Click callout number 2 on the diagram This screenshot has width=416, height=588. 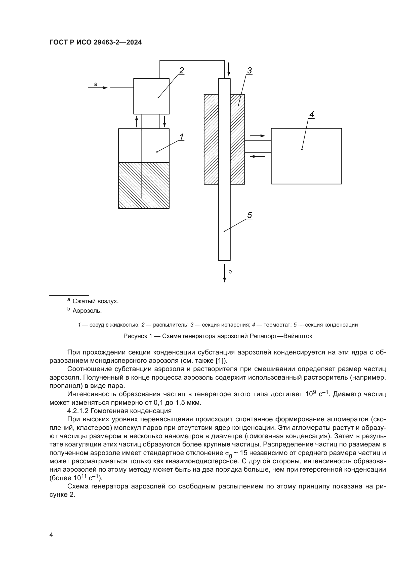click(x=181, y=70)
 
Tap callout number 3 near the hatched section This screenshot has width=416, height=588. click(x=249, y=70)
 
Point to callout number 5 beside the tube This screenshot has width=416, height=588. click(x=249, y=215)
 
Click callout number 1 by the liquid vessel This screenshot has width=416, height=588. click(x=181, y=137)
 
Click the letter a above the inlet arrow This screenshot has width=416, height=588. click(x=96, y=84)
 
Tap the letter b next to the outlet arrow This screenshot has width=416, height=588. click(x=230, y=272)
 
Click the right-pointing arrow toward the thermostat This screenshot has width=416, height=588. click(x=257, y=136)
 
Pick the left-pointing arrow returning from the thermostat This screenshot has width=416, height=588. click(x=257, y=156)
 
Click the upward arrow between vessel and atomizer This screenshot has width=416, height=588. click(x=137, y=121)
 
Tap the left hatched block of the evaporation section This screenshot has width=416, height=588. click(x=211, y=139)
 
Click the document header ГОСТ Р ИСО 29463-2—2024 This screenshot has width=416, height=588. click(x=96, y=42)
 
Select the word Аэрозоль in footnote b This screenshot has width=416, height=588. click(x=87, y=311)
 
